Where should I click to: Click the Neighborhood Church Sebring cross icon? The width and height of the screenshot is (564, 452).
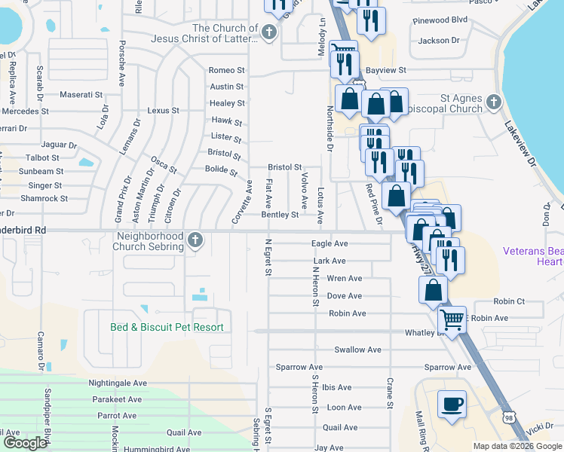coord(195,240)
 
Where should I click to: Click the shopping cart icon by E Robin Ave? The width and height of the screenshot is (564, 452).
coord(452,320)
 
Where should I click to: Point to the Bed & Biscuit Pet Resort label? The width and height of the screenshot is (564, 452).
coord(167,327)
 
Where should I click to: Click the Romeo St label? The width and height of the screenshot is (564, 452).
coord(227,70)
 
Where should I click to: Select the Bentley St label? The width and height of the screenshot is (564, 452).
coord(280,215)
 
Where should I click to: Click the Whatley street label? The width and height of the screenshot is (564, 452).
coord(420,332)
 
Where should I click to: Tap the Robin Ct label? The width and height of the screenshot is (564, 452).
coord(509,301)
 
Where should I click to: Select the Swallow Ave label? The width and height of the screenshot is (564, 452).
coord(357,350)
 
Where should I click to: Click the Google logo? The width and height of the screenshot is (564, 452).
coord(25,443)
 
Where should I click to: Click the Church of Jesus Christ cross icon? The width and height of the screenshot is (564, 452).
coord(270,33)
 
